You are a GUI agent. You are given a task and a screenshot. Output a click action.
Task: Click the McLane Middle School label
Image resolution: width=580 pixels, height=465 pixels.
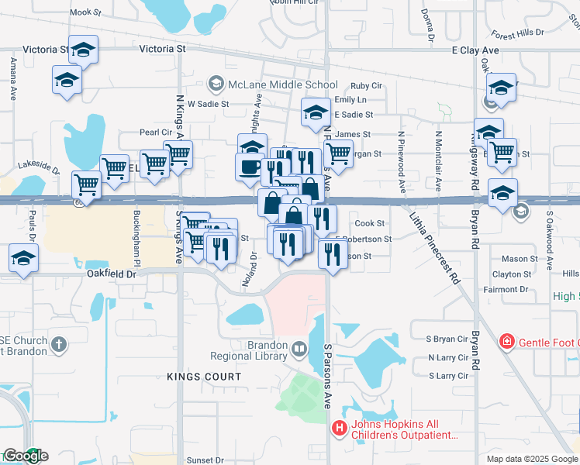click(x=283, y=84)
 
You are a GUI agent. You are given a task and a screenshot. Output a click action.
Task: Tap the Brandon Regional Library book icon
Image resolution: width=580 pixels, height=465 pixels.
click(x=299, y=351)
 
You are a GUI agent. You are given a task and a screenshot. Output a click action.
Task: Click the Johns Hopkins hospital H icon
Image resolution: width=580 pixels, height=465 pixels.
click(x=339, y=428)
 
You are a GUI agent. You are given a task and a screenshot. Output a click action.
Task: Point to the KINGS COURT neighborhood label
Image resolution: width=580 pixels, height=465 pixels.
click(x=204, y=377)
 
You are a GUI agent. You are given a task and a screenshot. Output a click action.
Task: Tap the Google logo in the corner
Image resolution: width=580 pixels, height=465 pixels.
click(x=25, y=456)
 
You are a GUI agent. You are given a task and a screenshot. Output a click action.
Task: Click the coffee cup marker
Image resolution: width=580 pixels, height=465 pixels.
click(x=250, y=167)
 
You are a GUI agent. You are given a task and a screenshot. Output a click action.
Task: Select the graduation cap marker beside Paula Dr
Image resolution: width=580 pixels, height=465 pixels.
click(x=24, y=258)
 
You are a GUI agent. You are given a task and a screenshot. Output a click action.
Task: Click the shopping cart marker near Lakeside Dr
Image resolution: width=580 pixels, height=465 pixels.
click(x=86, y=184)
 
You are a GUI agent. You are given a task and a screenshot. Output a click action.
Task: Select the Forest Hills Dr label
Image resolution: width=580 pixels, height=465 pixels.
click(x=517, y=34)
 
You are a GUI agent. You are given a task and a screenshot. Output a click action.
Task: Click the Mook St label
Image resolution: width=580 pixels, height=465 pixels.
click(x=85, y=12)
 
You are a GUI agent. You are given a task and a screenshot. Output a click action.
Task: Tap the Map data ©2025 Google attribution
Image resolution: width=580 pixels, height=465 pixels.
click(x=531, y=459)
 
